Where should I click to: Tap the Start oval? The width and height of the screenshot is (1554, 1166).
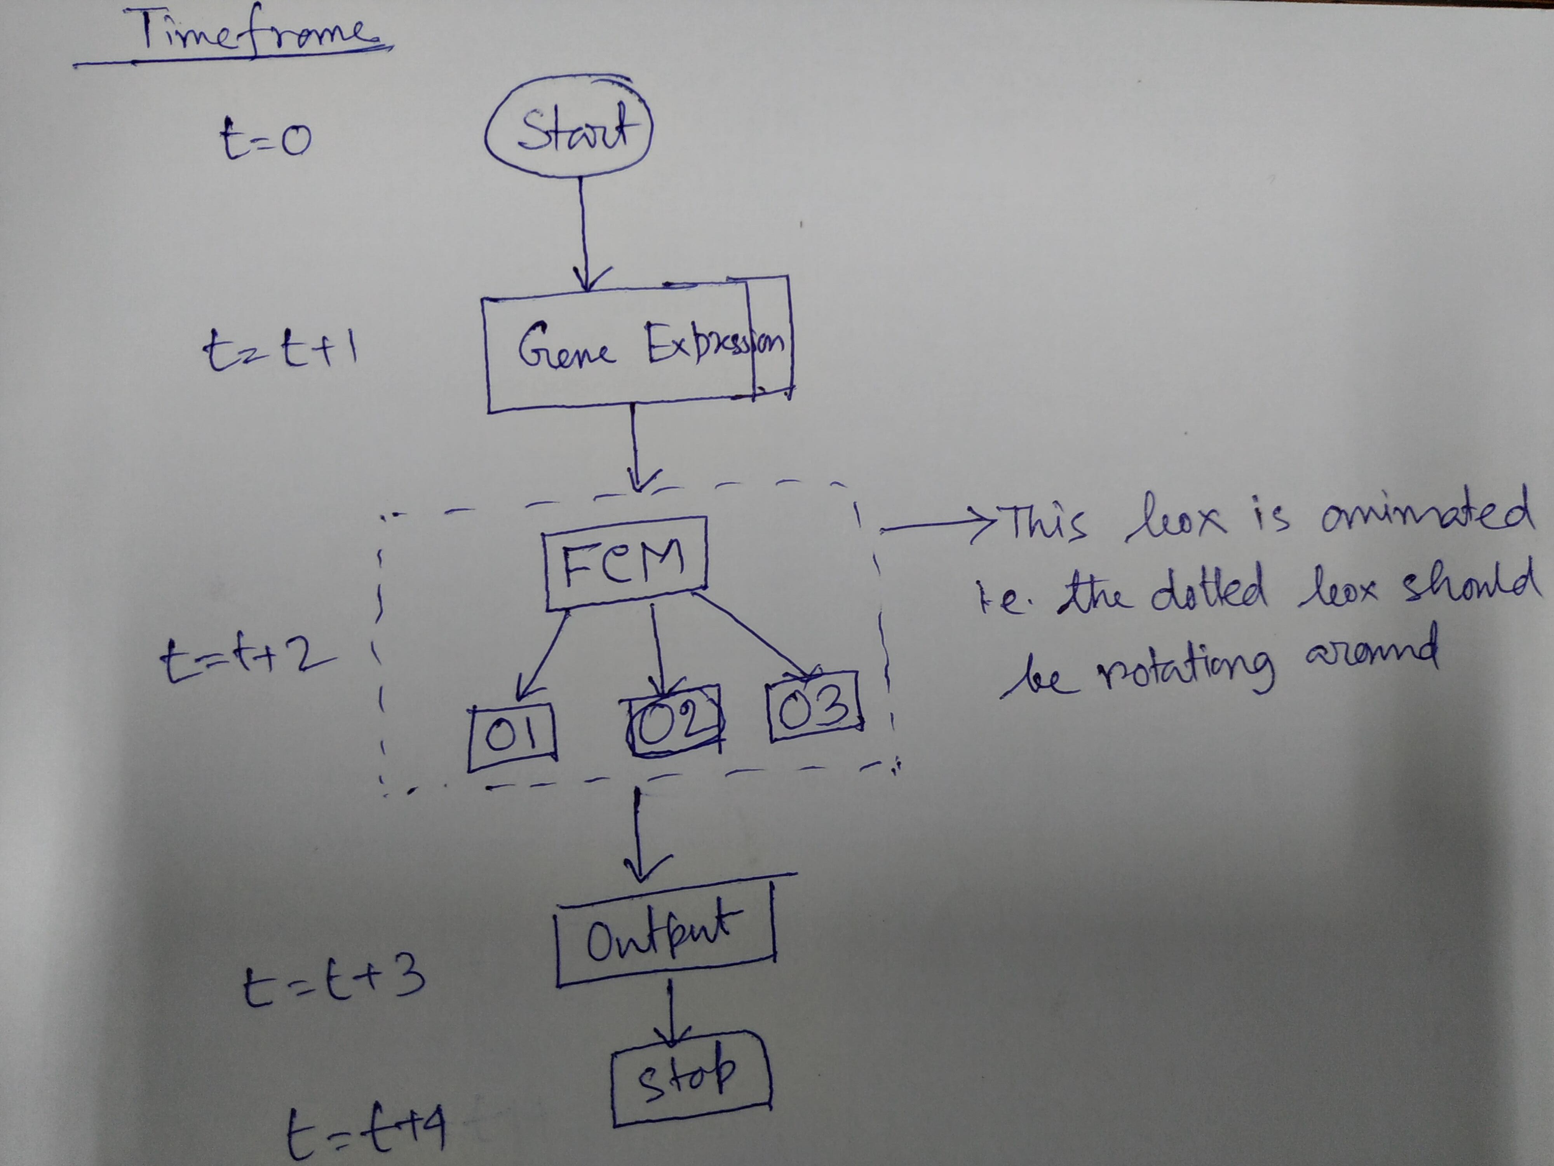click(x=569, y=130)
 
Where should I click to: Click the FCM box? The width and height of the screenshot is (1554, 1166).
click(x=625, y=563)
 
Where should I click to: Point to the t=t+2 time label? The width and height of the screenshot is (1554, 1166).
click(x=246, y=661)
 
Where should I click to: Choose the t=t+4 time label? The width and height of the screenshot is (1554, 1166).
click(x=365, y=1131)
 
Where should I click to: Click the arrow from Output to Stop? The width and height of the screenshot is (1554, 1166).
click(x=671, y=1012)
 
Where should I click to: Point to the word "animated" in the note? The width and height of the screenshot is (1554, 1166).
click(x=1426, y=513)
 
